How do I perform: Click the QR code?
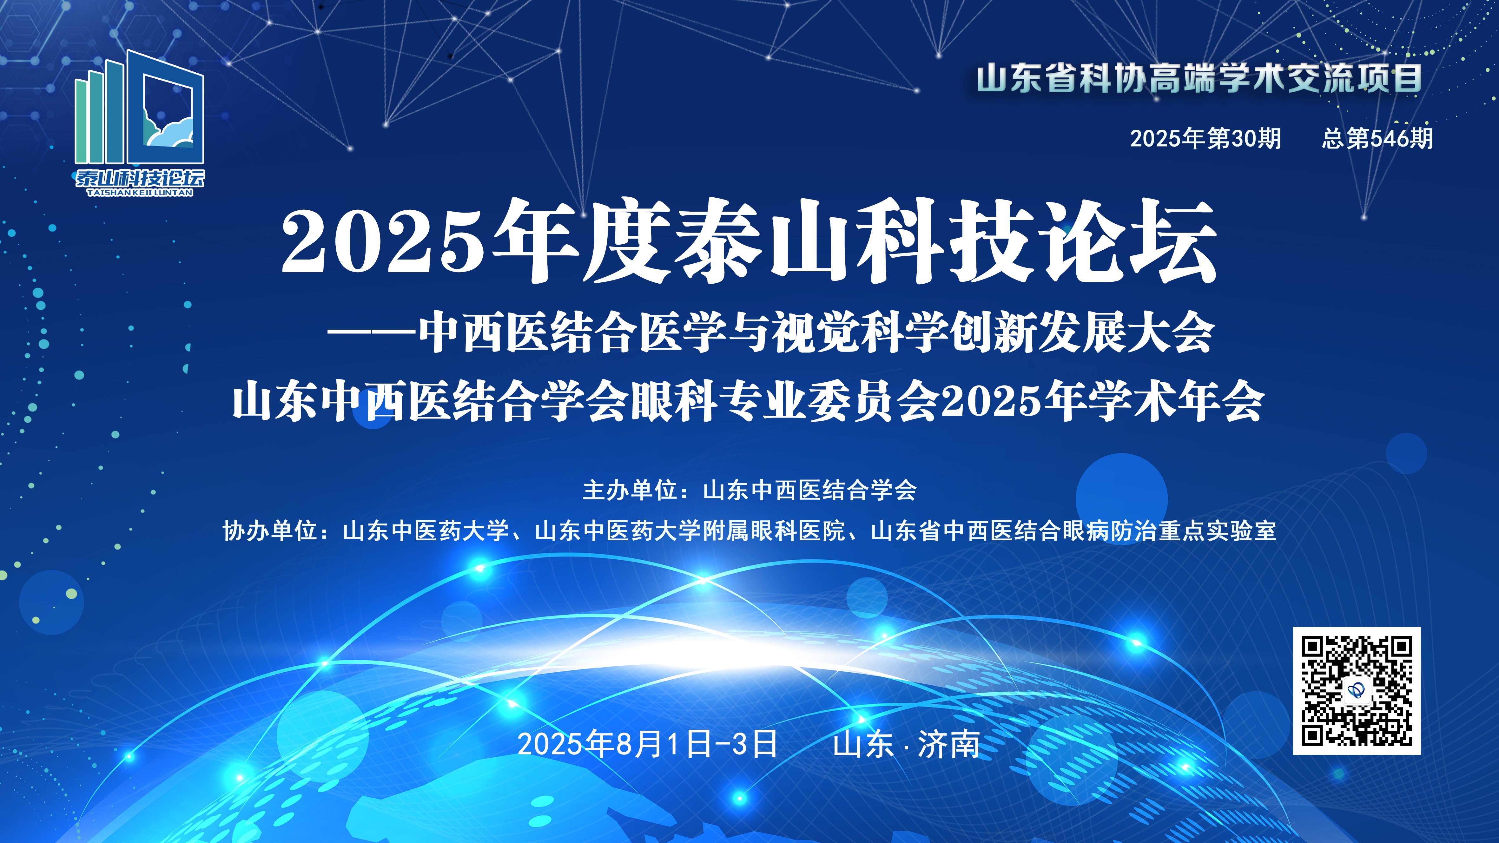click(x=1357, y=691)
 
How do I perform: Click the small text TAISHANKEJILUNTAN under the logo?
click(x=140, y=193)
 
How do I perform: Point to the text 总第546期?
click(x=1377, y=138)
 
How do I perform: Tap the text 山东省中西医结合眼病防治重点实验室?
click(x=1073, y=530)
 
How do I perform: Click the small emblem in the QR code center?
click(x=1357, y=691)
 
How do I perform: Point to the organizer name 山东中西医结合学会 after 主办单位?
click(x=809, y=490)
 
